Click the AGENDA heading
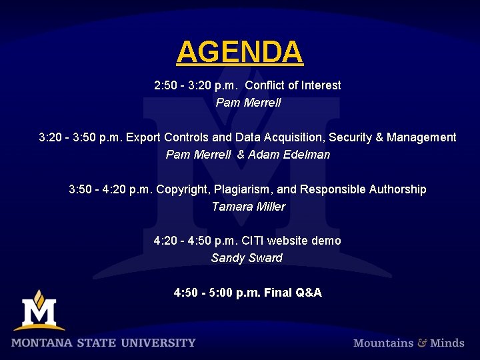[240, 52]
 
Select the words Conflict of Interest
[293, 85]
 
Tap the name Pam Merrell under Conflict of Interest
[248, 103]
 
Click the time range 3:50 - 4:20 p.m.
[111, 189]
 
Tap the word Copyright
[182, 189]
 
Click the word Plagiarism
[243, 189]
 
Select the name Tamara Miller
[248, 207]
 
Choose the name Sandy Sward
[247, 258]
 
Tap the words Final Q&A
[293, 293]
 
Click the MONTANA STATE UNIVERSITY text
[103, 343]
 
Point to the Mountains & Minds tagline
[409, 343]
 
